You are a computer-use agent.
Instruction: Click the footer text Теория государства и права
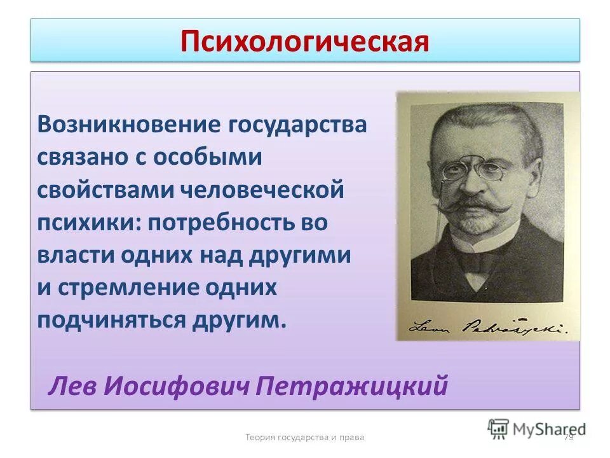pos(305,437)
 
